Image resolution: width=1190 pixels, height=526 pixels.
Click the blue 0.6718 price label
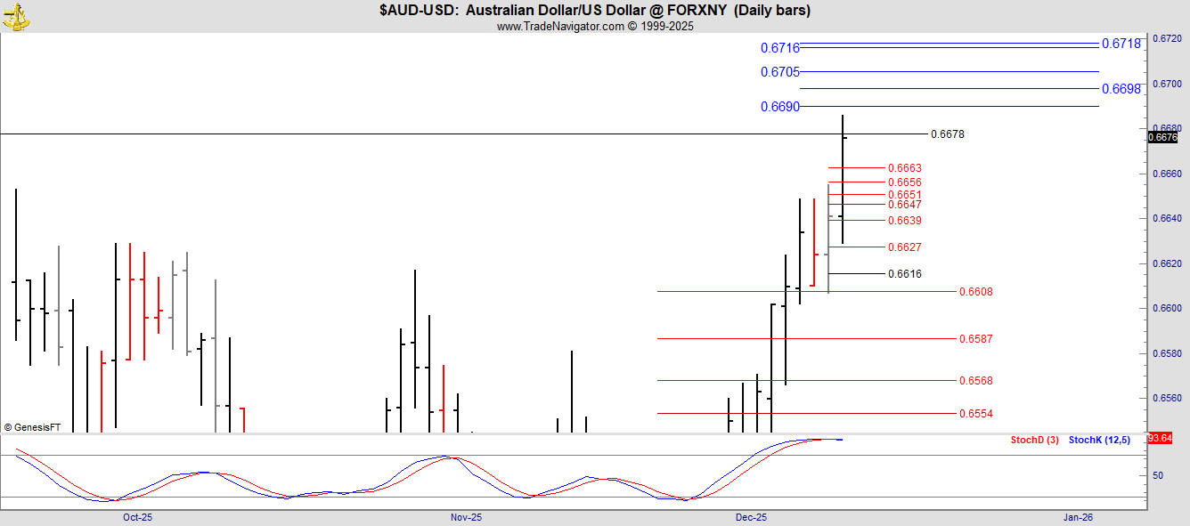1121,43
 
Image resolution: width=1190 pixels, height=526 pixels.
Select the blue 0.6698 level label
1121,88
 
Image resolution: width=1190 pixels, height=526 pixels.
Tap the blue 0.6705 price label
779,72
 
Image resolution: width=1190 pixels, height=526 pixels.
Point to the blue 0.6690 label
779,107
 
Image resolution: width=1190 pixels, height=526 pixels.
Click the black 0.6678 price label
947,134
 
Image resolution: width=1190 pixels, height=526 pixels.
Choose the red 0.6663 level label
904,168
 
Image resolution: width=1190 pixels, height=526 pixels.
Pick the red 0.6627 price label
904,247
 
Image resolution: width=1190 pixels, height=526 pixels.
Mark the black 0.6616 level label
904,274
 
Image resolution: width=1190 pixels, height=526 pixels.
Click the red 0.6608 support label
975,292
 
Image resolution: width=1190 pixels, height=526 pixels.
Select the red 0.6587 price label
975,339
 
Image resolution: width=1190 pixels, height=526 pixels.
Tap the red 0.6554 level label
975,414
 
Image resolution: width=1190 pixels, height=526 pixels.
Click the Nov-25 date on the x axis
466,517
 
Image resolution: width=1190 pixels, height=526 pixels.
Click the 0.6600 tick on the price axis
1168,309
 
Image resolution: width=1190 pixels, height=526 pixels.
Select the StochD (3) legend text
1034,440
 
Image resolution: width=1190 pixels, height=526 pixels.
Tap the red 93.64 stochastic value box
1160,438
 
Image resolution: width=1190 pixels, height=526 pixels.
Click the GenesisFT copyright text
32,427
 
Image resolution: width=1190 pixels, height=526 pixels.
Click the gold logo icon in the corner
16,15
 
